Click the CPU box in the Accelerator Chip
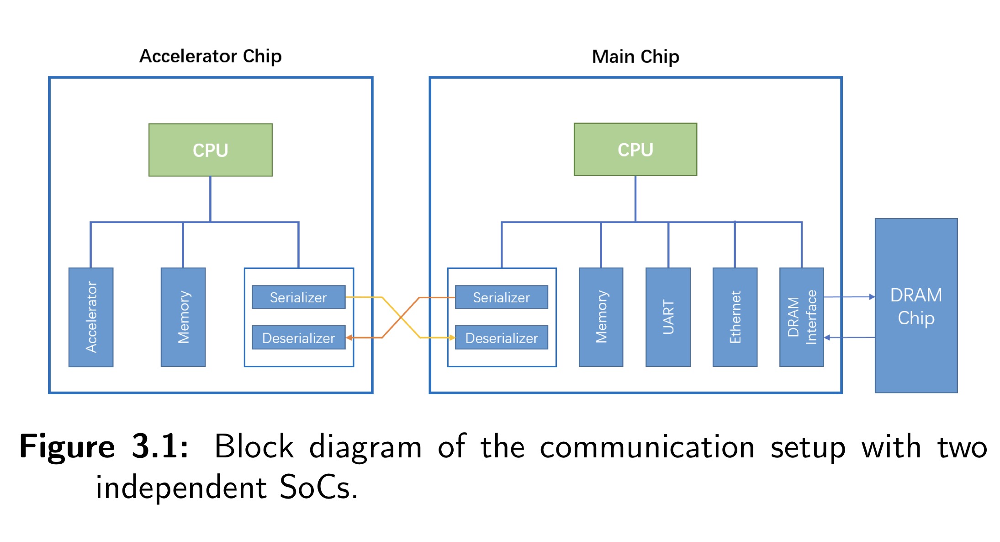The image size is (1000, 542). tap(210, 150)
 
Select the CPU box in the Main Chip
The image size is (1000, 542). tap(635, 150)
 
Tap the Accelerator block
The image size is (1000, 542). tap(91, 317)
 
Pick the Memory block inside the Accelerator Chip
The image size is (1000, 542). tap(183, 317)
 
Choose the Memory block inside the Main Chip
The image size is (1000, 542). tap(601, 317)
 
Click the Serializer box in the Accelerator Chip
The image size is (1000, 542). tap(298, 297)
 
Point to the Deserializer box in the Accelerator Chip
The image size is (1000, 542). tap(298, 338)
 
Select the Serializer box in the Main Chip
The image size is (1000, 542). tap(501, 297)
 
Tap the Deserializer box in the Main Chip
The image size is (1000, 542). tap(501, 338)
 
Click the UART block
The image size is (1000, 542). tap(668, 317)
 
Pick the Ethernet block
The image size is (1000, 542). tap(735, 317)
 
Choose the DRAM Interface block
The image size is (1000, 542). tap(801, 317)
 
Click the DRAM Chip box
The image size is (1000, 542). tap(916, 306)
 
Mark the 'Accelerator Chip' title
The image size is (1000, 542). tap(210, 56)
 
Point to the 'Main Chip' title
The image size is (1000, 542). tap(635, 57)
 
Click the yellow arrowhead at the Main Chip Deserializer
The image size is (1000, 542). tap(452, 338)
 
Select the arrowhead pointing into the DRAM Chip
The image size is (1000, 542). tap(872, 297)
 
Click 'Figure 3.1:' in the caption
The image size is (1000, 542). tap(104, 446)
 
